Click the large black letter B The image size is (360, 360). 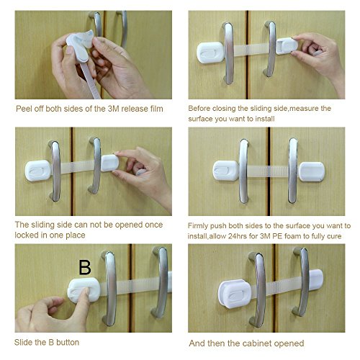[x=85, y=267]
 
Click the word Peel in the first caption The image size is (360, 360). [x=23, y=109]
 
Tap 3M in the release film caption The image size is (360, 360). [x=113, y=109]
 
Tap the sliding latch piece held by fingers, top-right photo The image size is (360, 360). [x=287, y=46]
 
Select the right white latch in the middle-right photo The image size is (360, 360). [x=312, y=171]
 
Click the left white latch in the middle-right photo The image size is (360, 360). [x=225, y=171]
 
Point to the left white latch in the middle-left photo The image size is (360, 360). [x=38, y=171]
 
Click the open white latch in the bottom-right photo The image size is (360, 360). [x=235, y=294]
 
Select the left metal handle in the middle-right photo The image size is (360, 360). [x=244, y=171]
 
